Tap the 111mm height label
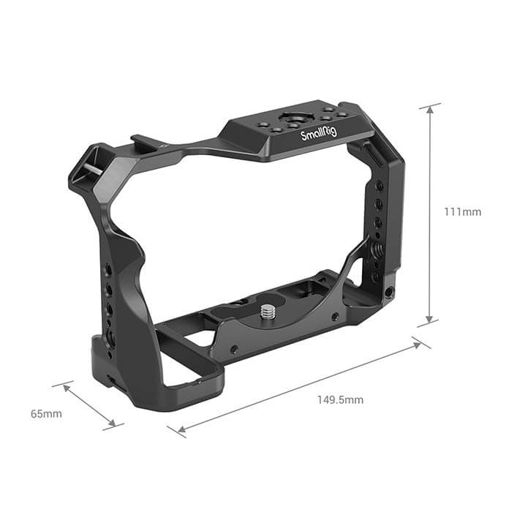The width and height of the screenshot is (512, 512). [x=462, y=212]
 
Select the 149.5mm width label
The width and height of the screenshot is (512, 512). [x=339, y=400]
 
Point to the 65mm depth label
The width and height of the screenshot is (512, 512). [x=46, y=414]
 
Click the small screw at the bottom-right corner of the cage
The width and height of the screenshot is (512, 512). [x=387, y=290]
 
